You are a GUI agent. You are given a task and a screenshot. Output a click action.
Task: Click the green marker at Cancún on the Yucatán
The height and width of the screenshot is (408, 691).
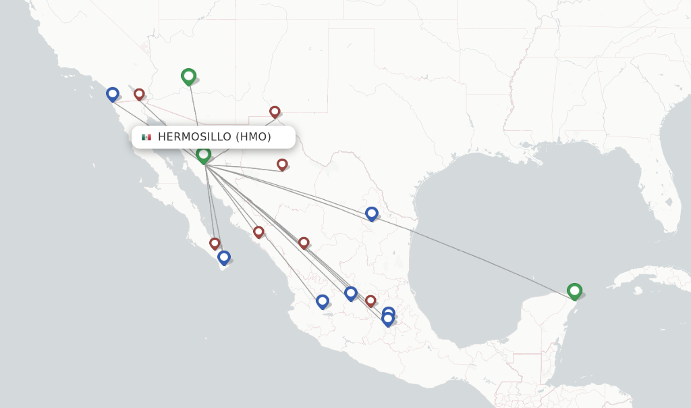click(574, 290)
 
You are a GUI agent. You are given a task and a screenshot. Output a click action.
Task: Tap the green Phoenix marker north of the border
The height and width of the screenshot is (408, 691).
click(188, 76)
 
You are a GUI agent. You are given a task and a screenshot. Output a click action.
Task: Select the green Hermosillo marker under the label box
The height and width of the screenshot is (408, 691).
click(203, 155)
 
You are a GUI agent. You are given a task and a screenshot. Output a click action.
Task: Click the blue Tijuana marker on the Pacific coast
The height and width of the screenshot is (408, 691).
click(113, 94)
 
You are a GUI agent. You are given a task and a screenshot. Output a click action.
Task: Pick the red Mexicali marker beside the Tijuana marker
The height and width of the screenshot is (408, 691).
click(139, 94)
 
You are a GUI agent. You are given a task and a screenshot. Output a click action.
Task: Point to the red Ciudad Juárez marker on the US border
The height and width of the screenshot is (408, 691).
click(275, 111)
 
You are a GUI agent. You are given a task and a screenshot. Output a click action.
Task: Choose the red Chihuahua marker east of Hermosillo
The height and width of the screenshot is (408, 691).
click(282, 164)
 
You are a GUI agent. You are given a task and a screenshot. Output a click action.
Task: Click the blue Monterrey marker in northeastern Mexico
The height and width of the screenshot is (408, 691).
click(371, 213)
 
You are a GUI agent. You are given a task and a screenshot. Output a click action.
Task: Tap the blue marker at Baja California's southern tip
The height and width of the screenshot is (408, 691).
click(224, 257)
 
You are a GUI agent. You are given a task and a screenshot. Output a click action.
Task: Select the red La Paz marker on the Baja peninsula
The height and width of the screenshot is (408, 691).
click(215, 243)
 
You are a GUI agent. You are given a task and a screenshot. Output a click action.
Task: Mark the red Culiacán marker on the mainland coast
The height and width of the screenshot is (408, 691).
click(258, 232)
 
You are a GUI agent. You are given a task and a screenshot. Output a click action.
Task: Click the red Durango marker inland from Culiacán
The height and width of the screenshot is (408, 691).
click(304, 243)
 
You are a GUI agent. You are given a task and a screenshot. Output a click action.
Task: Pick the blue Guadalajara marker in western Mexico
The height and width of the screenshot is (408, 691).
click(322, 301)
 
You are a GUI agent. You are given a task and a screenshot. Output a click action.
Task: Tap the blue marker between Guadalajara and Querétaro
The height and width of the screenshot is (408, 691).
click(350, 293)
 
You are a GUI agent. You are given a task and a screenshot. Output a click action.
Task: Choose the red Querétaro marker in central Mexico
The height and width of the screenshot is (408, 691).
click(370, 301)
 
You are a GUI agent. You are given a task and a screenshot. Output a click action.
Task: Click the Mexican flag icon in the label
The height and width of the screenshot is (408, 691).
click(146, 137)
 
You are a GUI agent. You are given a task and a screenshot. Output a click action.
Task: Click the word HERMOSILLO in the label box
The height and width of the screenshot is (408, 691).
click(194, 137)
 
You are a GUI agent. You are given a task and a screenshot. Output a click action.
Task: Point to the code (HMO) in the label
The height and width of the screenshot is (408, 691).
click(253, 137)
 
